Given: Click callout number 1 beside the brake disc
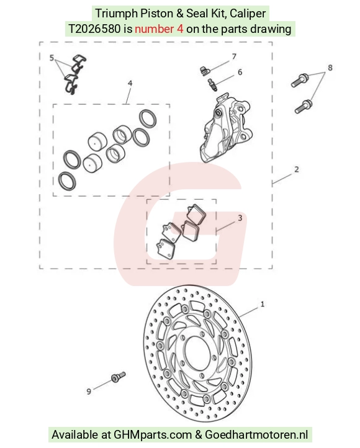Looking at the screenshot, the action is (263, 304).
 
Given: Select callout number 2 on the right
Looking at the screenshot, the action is (297, 169).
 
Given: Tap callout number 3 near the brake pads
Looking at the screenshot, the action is (240, 218).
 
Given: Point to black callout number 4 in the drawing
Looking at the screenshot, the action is (130, 83).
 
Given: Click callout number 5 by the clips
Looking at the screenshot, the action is (52, 58).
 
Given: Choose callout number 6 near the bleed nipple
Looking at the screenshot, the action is (240, 72).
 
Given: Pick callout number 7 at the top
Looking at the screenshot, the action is (234, 56).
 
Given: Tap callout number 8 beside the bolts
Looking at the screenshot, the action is (330, 68).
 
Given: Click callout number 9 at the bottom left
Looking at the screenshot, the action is (89, 392).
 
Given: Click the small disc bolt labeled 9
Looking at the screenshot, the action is (118, 377).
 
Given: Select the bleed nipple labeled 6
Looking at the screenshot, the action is (213, 85).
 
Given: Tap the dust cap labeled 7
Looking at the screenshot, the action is (204, 71).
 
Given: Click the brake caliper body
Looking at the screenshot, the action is (226, 128).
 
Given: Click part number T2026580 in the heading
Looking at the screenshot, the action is (94, 29).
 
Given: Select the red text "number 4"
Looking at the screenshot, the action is (159, 29).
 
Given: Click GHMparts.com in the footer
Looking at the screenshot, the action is (153, 435).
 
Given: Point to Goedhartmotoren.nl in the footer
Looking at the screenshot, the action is (256, 435).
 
